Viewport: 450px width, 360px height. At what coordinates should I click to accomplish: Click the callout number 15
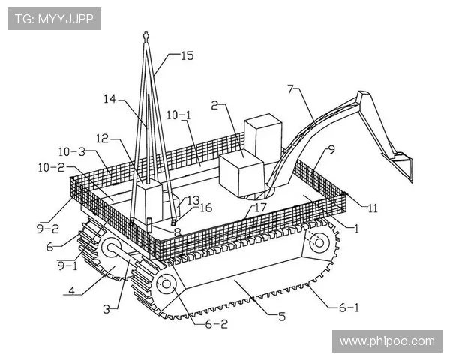[187, 55]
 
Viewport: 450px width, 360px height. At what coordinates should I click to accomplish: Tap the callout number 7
[292, 89]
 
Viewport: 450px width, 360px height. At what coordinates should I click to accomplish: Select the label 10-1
[178, 115]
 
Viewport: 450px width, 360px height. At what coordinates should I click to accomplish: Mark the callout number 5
[281, 316]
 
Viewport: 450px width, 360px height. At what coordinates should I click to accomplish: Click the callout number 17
[260, 206]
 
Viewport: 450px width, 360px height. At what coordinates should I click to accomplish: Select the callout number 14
[111, 98]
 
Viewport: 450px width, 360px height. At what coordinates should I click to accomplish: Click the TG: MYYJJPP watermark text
[55, 19]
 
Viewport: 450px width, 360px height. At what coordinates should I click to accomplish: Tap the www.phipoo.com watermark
[386, 341]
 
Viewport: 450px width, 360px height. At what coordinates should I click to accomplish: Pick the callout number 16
[205, 208]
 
